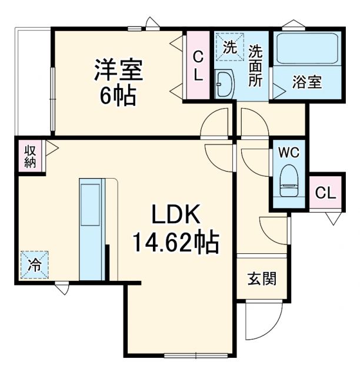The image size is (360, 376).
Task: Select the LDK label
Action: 176,216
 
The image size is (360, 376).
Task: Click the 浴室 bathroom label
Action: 307,82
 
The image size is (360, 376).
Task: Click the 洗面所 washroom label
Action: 255,66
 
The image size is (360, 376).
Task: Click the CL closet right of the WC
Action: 325,192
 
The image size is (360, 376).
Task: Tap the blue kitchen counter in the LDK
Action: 91,229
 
